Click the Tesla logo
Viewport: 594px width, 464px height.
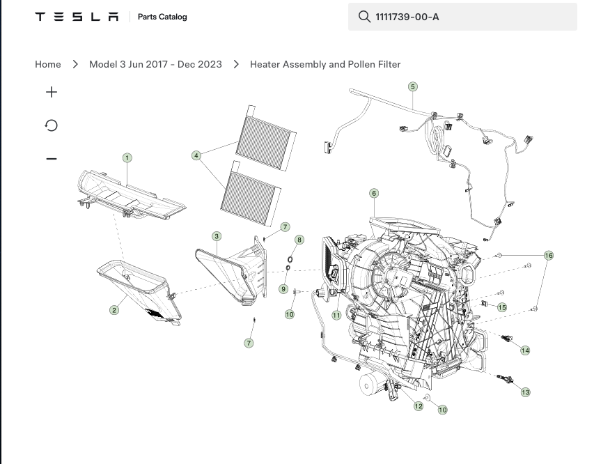click(x=77, y=17)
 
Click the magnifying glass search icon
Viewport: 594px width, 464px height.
click(x=364, y=17)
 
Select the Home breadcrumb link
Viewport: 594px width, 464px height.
click(x=48, y=64)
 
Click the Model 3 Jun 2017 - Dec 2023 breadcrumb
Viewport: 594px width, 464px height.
click(x=155, y=64)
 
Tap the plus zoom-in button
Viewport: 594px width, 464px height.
click(x=52, y=92)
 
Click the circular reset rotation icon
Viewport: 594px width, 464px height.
click(x=51, y=125)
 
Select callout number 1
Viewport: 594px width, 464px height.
click(x=127, y=157)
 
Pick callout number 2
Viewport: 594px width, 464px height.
click(x=114, y=310)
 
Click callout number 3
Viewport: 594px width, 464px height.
click(x=217, y=237)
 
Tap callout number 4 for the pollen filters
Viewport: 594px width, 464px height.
click(x=196, y=155)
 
